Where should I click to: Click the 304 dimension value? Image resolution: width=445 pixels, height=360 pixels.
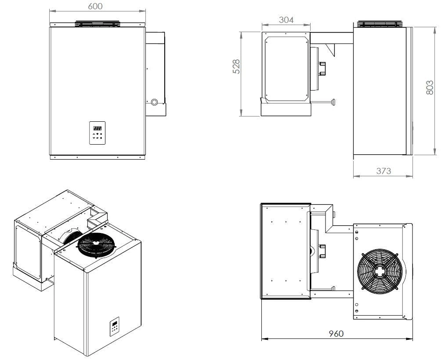pyautogui.click(x=286, y=19)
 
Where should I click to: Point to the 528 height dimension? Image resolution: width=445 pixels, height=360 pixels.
pyautogui.click(x=236, y=66)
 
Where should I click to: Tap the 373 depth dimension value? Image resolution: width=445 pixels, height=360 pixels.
pyautogui.click(x=383, y=171)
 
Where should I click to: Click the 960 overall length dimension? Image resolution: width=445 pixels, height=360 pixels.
pyautogui.click(x=336, y=333)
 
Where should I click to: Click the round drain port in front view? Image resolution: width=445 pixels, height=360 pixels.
pyautogui.click(x=154, y=102)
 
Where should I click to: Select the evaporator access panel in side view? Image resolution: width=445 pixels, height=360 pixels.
pyautogui.click(x=286, y=67)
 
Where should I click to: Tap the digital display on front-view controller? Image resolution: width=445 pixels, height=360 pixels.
pyautogui.click(x=96, y=127)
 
